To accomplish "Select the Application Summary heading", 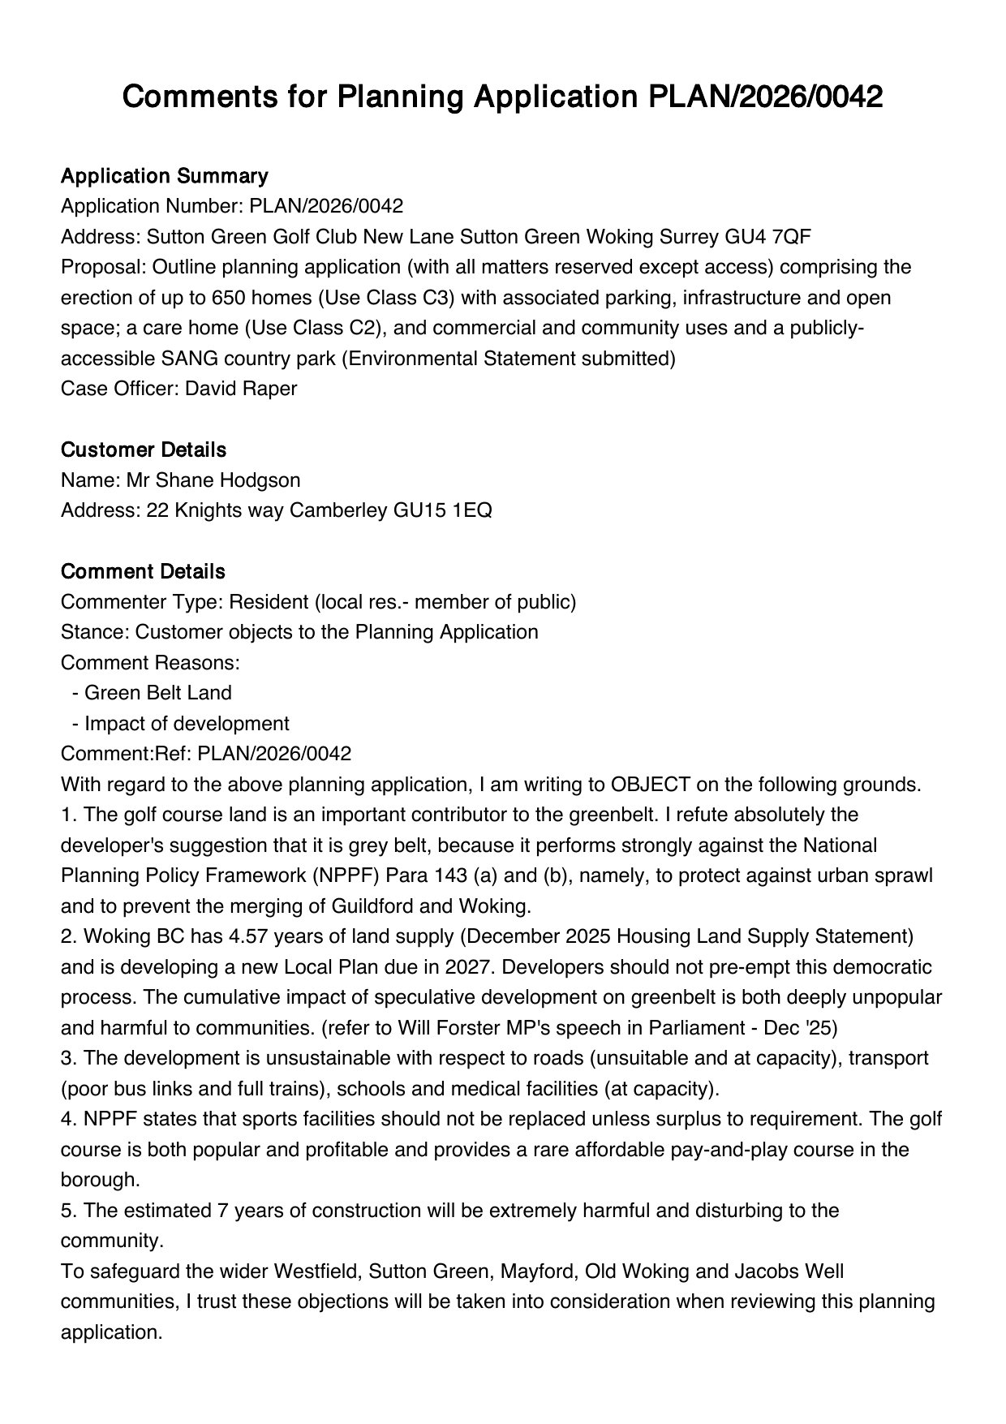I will [164, 176].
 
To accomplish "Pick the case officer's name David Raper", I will [241, 389].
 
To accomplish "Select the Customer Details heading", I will [144, 450].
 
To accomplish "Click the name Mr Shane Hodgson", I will [213, 480].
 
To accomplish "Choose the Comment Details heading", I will [143, 571].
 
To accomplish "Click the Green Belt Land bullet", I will [158, 693].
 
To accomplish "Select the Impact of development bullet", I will [187, 723].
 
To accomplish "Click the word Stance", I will [92, 632].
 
